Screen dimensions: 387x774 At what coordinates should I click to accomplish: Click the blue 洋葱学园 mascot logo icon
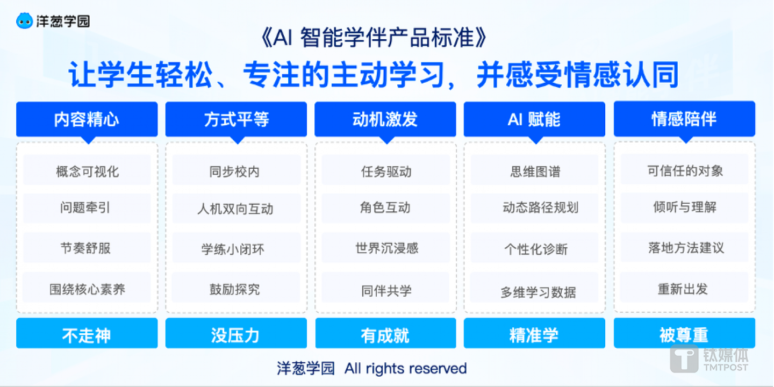coord(25,20)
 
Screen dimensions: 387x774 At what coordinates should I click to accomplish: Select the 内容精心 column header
coord(87,119)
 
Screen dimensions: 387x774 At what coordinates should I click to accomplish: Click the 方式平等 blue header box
coord(236,119)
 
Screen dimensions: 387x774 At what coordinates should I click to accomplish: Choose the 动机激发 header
coord(385,119)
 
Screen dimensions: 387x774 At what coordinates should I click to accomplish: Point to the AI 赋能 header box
coord(534,119)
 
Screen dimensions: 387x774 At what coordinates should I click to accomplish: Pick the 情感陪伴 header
coord(684,119)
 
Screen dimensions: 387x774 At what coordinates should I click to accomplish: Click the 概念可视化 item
coord(87,171)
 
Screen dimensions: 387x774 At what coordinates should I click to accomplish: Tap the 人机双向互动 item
coord(236,209)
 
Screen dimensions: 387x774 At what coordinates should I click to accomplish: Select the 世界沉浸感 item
coord(386,248)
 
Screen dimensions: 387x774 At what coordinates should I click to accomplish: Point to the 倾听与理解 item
coord(684,207)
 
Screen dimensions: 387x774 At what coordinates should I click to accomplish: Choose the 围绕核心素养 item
coord(87,289)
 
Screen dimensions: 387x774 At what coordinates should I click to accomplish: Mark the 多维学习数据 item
coord(538,292)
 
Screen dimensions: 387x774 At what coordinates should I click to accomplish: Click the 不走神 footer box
coord(87,335)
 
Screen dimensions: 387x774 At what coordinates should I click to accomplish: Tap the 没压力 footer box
coord(236,335)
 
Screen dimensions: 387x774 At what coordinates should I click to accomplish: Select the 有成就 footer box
coord(385,335)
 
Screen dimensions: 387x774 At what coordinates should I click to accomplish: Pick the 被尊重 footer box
coord(684,335)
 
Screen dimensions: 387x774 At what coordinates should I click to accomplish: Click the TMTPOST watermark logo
coord(709,359)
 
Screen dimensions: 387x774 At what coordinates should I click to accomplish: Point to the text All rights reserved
coord(406,369)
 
